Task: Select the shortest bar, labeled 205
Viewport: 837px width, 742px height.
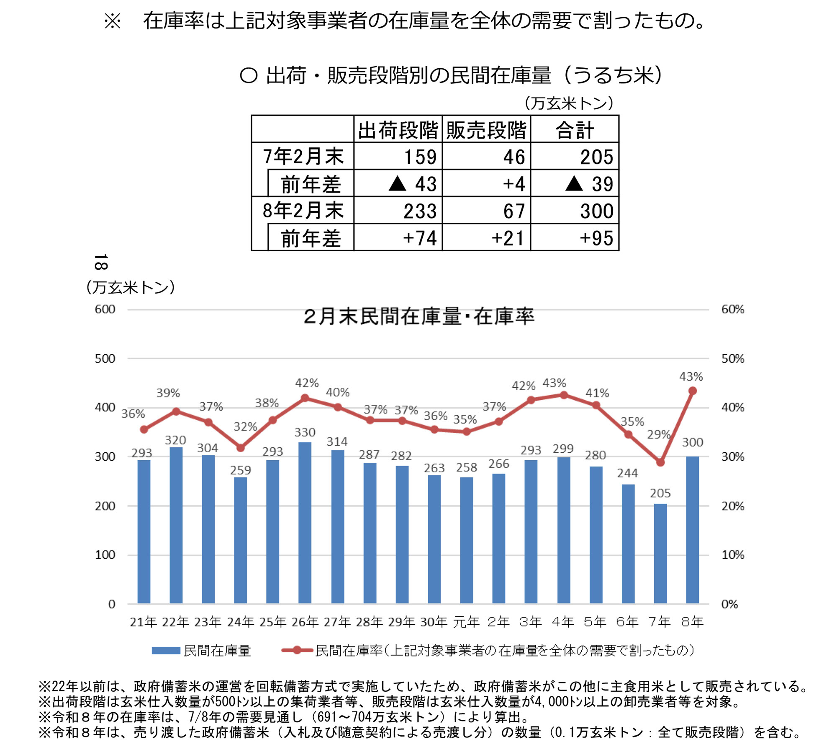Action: point(660,553)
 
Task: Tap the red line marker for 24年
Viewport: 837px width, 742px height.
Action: point(240,448)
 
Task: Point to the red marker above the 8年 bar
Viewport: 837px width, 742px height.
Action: point(692,391)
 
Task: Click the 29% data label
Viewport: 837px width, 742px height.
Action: point(658,435)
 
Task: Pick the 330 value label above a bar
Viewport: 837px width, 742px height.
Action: point(305,432)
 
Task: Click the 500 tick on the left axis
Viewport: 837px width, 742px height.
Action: point(105,358)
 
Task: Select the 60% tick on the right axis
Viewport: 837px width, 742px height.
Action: point(732,309)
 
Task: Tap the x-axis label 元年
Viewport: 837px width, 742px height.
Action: point(466,622)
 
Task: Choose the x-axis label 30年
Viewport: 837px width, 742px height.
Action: point(434,622)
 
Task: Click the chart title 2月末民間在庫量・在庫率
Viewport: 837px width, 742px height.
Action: point(419,316)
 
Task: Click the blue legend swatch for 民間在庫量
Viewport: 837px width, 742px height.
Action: point(166,650)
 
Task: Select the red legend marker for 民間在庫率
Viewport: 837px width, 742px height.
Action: point(297,650)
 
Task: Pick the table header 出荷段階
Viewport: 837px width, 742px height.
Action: point(398,130)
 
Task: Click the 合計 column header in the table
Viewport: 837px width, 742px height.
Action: point(575,130)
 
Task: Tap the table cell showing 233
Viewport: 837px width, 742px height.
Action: point(420,211)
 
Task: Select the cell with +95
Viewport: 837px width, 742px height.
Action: point(596,238)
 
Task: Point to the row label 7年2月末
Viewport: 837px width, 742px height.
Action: point(303,156)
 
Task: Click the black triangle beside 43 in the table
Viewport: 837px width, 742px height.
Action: point(397,183)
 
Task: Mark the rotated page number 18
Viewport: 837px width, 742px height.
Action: point(101,262)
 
